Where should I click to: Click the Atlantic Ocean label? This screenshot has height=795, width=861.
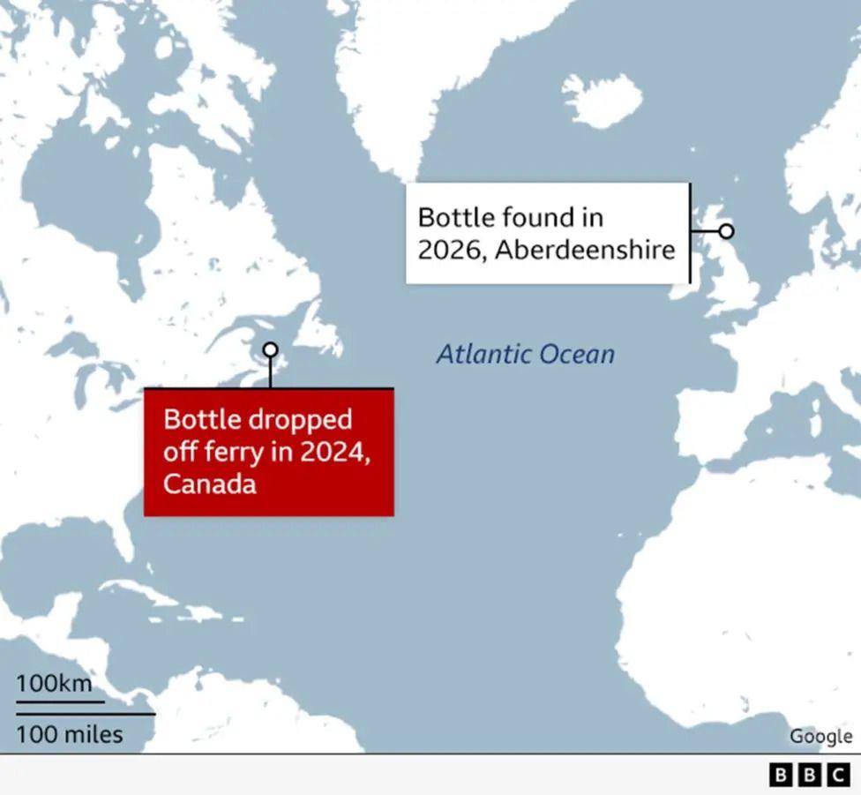(525, 355)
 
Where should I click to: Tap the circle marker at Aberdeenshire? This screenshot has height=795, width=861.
(726, 231)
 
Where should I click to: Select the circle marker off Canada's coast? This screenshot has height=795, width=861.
(270, 350)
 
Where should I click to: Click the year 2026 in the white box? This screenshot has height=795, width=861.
(451, 250)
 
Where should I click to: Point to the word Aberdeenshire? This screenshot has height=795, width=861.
(585, 250)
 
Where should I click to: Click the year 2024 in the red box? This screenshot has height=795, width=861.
(330, 452)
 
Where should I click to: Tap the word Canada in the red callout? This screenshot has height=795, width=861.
(210, 484)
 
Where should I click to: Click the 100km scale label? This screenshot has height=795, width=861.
(53, 683)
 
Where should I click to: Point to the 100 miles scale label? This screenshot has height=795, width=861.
(69, 734)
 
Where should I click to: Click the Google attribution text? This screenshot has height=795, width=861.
(820, 736)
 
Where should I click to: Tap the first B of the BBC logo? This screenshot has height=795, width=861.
(781, 776)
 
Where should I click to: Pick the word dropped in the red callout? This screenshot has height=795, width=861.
(303, 419)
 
